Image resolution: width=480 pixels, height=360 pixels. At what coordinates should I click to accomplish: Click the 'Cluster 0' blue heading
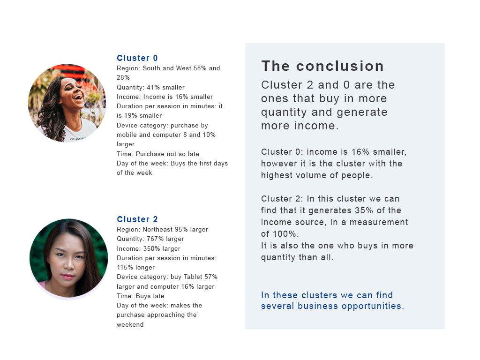click(x=137, y=58)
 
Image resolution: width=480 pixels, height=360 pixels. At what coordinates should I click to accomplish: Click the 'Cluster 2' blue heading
click(x=137, y=219)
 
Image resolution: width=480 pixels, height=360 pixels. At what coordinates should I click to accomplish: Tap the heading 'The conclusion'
click(x=322, y=66)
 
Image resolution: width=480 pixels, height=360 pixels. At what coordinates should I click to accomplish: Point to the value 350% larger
click(x=162, y=248)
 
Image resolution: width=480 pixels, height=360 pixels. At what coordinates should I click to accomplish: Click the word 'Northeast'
click(x=157, y=229)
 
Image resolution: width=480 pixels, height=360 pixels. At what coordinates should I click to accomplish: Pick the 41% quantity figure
click(x=153, y=87)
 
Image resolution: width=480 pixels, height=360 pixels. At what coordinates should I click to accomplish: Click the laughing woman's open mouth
click(x=78, y=97)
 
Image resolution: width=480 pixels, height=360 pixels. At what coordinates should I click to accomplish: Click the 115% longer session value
click(x=135, y=268)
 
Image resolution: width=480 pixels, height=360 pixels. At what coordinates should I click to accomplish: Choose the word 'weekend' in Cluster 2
click(x=130, y=324)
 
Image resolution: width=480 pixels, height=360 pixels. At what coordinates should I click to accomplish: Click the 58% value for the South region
click(x=200, y=68)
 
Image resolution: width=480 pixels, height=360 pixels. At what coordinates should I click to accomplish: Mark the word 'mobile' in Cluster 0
click(x=127, y=135)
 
